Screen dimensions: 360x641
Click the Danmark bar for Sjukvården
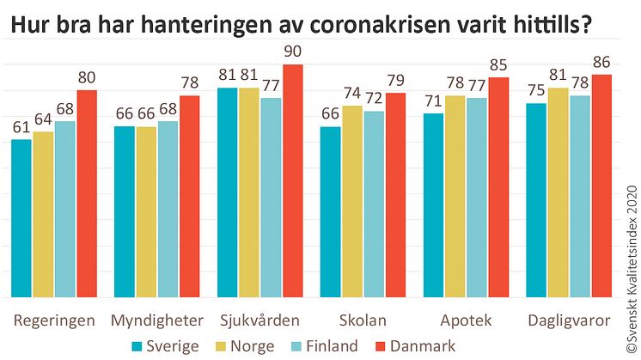293,181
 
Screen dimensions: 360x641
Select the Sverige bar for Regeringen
21,218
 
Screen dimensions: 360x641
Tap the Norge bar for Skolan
352,202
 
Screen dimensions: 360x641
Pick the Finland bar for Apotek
477,198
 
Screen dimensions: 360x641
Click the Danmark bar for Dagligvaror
601,186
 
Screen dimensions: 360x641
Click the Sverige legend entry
166,346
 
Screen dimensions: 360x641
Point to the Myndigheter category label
157,321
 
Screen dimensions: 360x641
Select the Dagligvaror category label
570,321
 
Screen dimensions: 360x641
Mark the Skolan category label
363,321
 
